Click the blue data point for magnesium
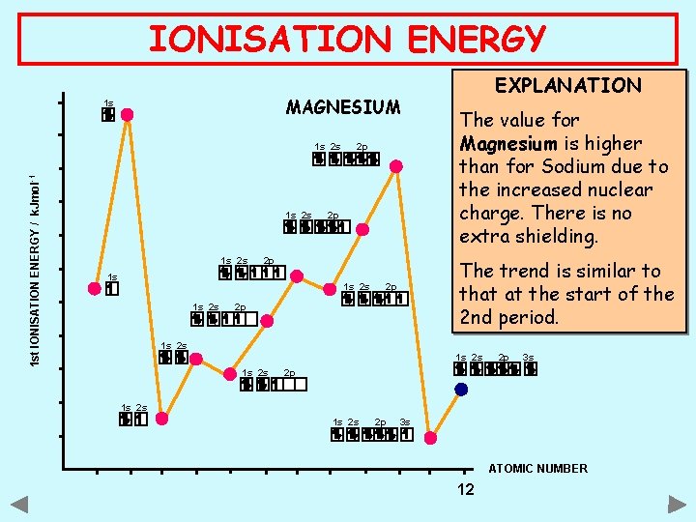[461, 391]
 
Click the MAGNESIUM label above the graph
[342, 106]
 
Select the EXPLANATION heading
[567, 85]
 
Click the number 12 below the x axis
[465, 489]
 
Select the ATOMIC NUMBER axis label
[537, 469]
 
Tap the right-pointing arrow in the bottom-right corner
[677, 504]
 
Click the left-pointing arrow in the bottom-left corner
[19, 504]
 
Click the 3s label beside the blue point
[528, 358]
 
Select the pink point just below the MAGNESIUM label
[396, 166]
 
